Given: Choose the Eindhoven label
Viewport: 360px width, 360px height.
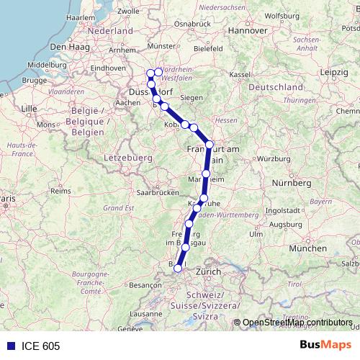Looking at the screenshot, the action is (x=108, y=67).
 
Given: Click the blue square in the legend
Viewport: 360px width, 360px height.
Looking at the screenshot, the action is (x=7, y=346).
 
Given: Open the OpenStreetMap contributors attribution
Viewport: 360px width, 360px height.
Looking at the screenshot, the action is (x=297, y=323).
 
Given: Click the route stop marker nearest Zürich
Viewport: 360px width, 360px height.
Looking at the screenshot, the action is (x=178, y=269).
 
